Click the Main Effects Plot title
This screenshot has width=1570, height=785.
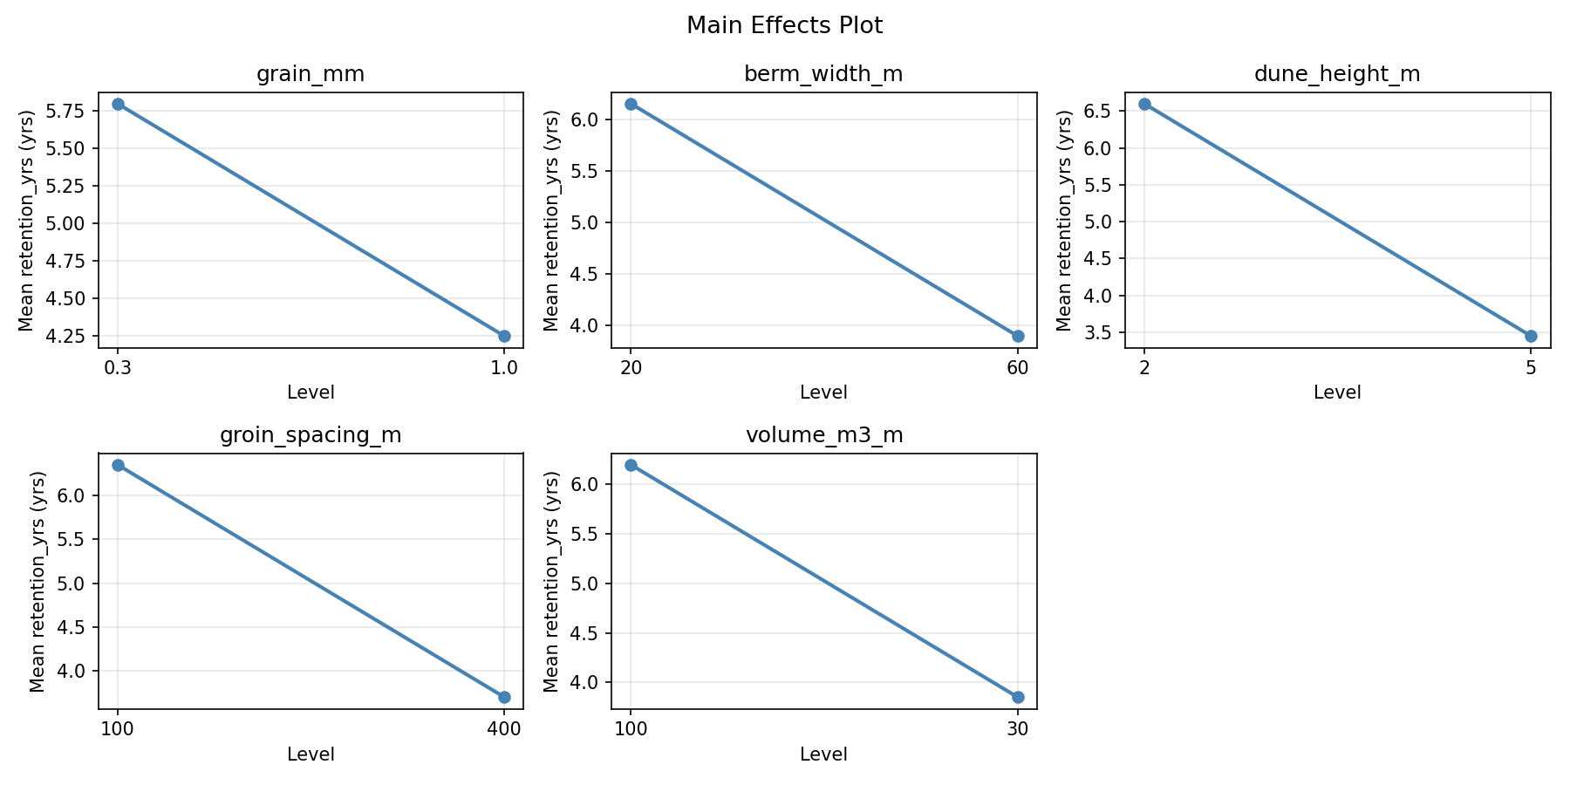(784, 26)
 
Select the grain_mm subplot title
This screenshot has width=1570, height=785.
(311, 74)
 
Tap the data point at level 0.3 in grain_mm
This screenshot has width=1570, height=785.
(118, 104)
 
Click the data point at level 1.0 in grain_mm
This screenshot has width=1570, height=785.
(504, 336)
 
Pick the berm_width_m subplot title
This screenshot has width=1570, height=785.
(823, 74)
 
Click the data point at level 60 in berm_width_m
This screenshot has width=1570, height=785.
(1018, 336)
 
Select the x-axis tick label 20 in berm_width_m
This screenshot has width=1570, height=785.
(631, 368)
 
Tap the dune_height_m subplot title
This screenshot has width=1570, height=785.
(1337, 74)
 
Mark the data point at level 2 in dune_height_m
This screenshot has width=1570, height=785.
(1144, 104)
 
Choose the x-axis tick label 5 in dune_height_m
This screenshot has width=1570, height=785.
(1531, 368)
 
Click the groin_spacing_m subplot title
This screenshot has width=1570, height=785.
(311, 435)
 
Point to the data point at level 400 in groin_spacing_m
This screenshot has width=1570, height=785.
(504, 697)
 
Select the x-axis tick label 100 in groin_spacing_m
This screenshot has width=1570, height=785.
(118, 729)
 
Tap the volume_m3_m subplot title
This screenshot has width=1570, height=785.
(823, 435)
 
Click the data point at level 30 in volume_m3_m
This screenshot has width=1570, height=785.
(1018, 697)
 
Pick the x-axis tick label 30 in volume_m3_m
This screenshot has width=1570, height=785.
(1018, 729)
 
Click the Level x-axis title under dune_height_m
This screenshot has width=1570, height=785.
(1337, 392)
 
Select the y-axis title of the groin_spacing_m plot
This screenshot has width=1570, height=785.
(37, 581)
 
